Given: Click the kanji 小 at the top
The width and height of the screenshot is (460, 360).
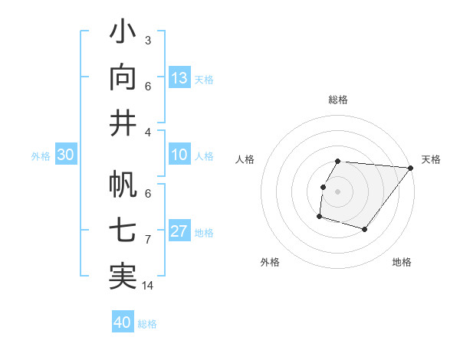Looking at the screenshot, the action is tap(123, 34).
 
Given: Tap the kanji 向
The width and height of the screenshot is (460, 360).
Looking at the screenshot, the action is tap(123, 77).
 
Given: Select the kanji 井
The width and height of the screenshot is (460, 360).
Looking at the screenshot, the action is tap(123, 123).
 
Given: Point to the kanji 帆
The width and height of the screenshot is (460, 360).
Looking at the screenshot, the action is tap(123, 185).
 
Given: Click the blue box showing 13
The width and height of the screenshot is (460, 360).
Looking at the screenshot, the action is tap(179, 78).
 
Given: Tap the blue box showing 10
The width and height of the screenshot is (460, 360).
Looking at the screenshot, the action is tap(179, 155).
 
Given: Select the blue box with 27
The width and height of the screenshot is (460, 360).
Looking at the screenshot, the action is tap(179, 231).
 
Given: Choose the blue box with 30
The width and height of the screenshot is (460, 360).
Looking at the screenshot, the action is tap(65, 155).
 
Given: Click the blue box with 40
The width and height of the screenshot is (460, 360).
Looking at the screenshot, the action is tap(123, 322).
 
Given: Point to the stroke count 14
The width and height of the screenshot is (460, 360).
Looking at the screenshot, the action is tap(148, 286).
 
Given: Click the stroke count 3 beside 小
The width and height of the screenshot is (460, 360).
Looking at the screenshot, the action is tap(147, 40).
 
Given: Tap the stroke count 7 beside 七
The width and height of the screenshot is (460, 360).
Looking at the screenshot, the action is tap(147, 240).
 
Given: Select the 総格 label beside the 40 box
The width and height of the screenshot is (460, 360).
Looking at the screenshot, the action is tap(147, 324).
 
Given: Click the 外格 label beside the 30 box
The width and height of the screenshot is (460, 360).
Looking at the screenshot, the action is tap(41, 156).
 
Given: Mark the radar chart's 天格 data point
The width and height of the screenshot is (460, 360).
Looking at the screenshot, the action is tap(410, 168).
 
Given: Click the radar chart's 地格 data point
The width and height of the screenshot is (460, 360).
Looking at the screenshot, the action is tap(366, 230).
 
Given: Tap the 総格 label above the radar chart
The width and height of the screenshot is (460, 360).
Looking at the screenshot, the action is tap(337, 100).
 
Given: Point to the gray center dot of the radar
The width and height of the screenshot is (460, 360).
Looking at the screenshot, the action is tap(337, 191).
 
